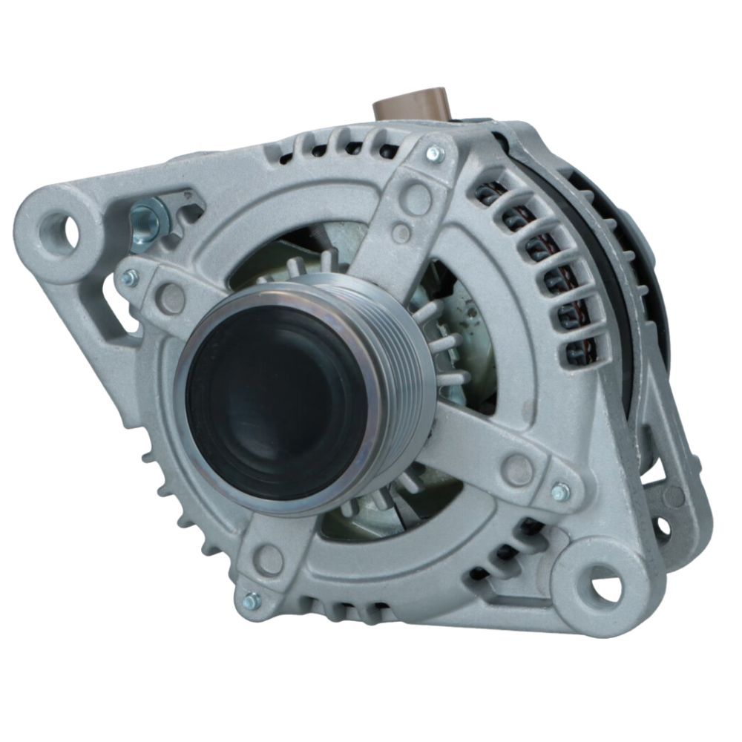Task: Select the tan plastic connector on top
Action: [410, 104]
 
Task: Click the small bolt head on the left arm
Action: [131, 278]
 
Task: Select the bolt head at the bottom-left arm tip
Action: [251, 600]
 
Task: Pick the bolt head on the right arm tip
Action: [561, 491]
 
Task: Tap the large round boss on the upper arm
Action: [418, 198]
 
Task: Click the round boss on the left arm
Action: [171, 298]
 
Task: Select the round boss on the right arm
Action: [517, 469]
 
